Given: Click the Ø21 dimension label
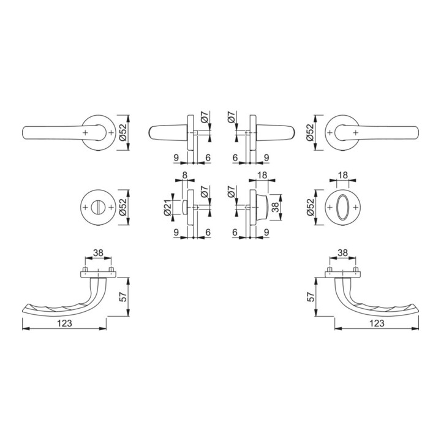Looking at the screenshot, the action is (x=168, y=208).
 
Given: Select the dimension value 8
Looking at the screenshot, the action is (x=184, y=175).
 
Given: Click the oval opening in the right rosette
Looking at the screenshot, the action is (x=342, y=207).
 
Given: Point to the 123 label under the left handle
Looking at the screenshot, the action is (x=65, y=323).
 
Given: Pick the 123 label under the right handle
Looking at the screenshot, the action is (x=377, y=323).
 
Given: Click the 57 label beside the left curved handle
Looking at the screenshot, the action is (x=123, y=296).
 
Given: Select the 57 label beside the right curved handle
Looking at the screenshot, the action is (x=311, y=296).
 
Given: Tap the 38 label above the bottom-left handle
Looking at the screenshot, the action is (x=98, y=253).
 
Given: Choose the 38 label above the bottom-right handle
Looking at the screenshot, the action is (x=342, y=253).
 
